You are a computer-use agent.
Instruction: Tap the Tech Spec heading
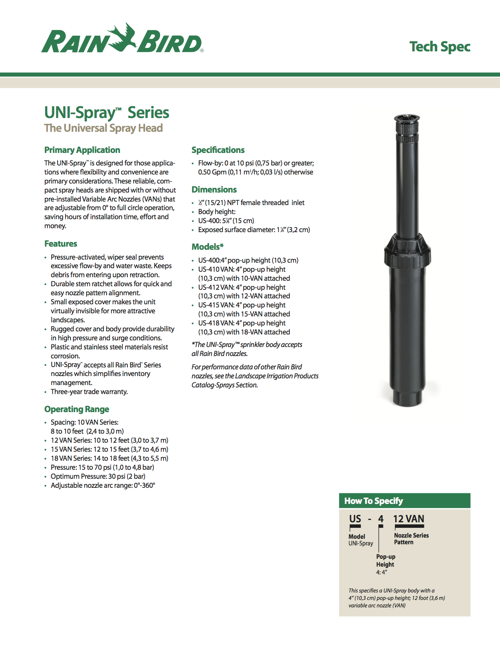440,47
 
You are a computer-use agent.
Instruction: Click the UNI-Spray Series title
107,113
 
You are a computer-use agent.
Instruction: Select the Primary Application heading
82,150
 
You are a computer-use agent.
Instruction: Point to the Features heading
60,244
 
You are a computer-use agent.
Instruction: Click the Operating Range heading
76,409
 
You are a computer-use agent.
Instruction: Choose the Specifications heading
218,150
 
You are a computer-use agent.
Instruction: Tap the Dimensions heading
214,189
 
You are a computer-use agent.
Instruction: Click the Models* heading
207,247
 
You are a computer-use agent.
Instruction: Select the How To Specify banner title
373,501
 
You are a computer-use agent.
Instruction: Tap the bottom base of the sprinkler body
407,396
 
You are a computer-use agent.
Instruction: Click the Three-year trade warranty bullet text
89,391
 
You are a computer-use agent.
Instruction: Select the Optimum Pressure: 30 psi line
98,476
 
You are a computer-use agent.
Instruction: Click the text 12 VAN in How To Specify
409,519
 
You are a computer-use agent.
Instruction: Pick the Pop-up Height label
385,560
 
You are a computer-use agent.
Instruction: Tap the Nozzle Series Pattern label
411,538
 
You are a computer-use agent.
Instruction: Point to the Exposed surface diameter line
254,230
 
